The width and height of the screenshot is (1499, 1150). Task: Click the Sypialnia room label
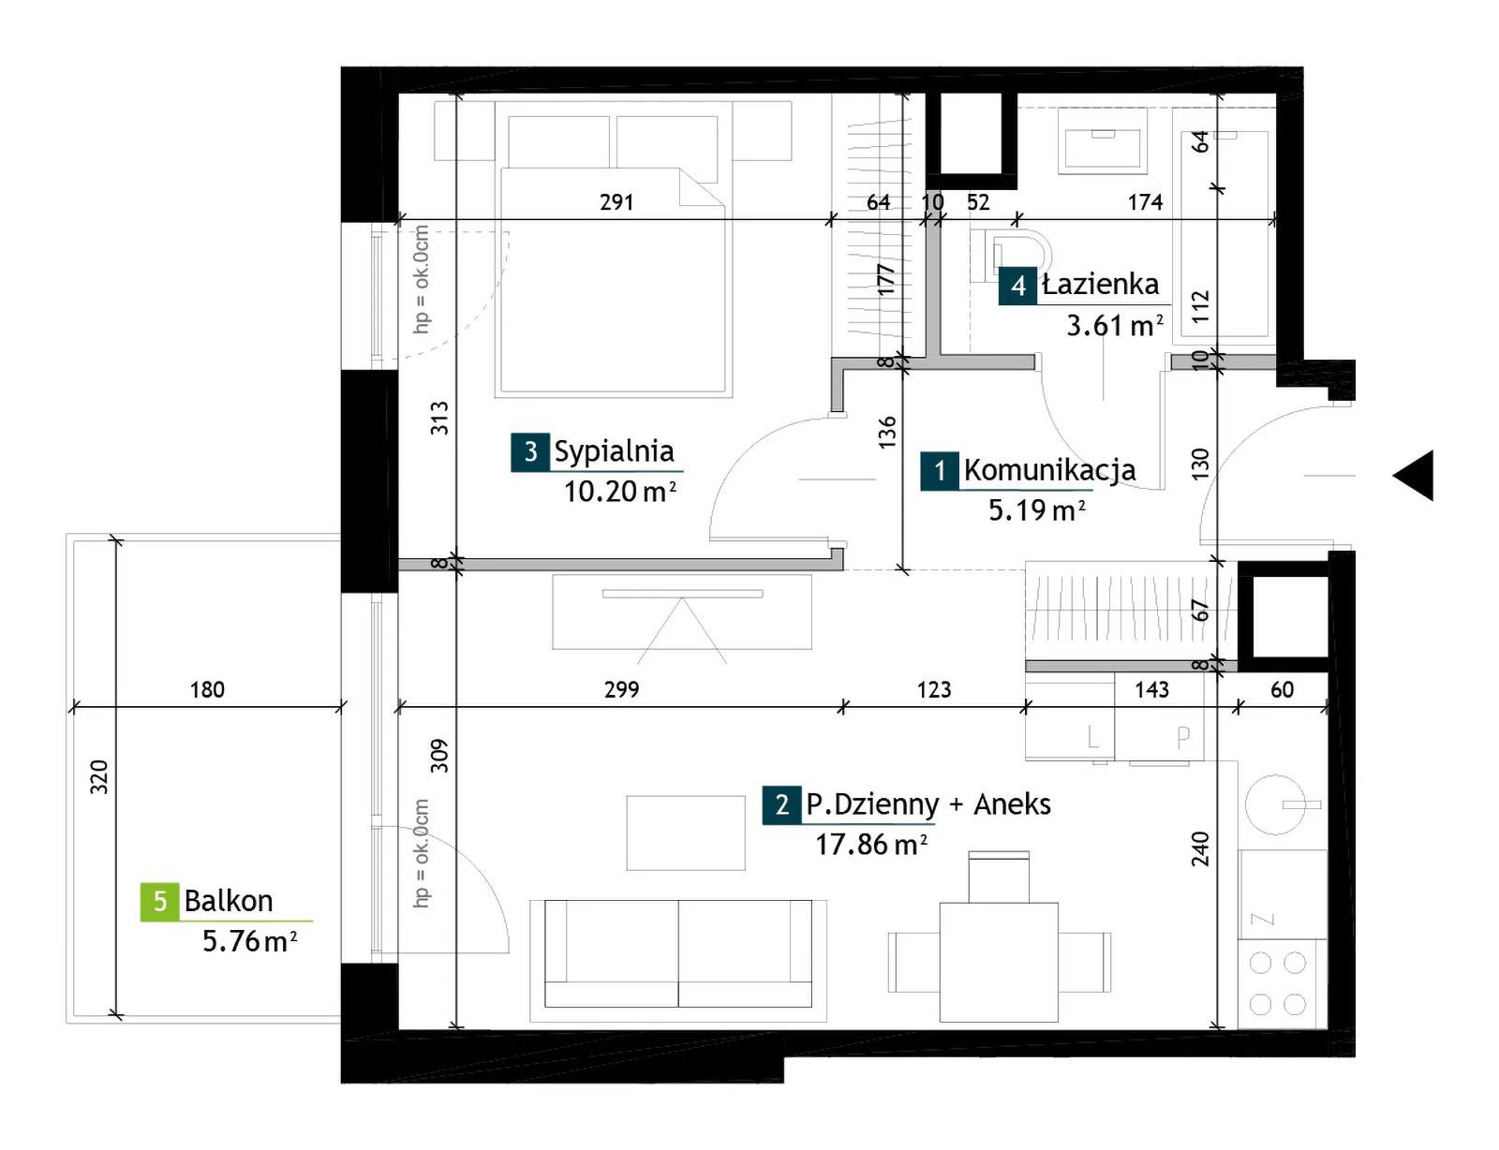tap(614, 451)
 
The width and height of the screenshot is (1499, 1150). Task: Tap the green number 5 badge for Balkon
tap(160, 901)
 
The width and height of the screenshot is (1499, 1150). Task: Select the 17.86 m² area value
tap(871, 844)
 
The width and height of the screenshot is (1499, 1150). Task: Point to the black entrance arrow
tap(1413, 475)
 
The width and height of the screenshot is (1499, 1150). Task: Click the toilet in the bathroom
tap(1011, 256)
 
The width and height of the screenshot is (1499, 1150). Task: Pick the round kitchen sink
tap(1275, 804)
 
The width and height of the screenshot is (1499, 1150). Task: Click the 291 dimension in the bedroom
tap(616, 202)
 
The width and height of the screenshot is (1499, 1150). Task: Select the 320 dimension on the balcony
tap(99, 776)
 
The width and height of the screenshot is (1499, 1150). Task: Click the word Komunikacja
tap(1049, 470)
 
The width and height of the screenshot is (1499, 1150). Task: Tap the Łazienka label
tap(1100, 284)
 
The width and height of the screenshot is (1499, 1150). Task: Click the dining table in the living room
tap(999, 962)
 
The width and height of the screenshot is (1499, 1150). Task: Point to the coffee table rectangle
tap(686, 833)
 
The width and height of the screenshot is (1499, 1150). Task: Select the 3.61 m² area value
tap(1115, 325)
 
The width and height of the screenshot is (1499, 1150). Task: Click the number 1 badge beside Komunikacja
tap(940, 471)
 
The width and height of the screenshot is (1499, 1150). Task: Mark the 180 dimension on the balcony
tap(207, 689)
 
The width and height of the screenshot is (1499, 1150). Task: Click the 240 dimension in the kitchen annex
tap(1200, 848)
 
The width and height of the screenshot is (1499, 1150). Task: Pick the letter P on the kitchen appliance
tap(1183, 738)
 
